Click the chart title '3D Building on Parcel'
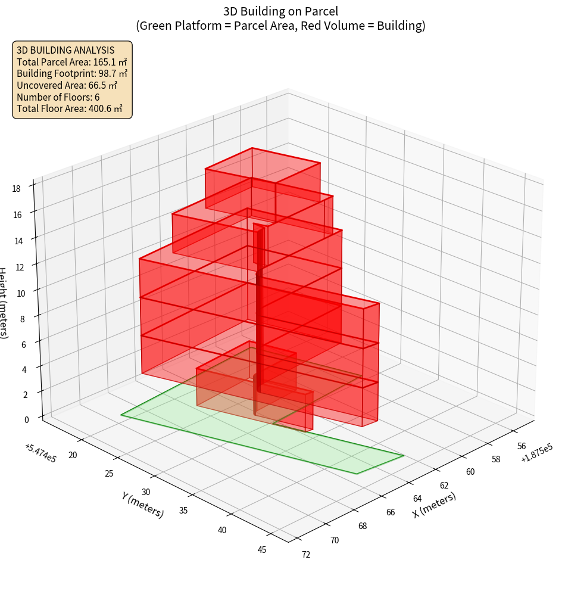point(281,11)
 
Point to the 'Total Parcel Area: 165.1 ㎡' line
point(72,62)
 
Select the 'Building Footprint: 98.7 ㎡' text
point(72,74)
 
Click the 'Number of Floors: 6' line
point(58,97)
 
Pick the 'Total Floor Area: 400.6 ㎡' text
point(70,109)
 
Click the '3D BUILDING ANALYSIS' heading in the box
point(65,51)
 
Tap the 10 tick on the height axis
point(20,293)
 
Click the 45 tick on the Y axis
point(262,549)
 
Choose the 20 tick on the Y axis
point(74,456)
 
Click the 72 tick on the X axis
point(306,555)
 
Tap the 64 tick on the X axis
point(417,499)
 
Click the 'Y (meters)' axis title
point(142,505)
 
